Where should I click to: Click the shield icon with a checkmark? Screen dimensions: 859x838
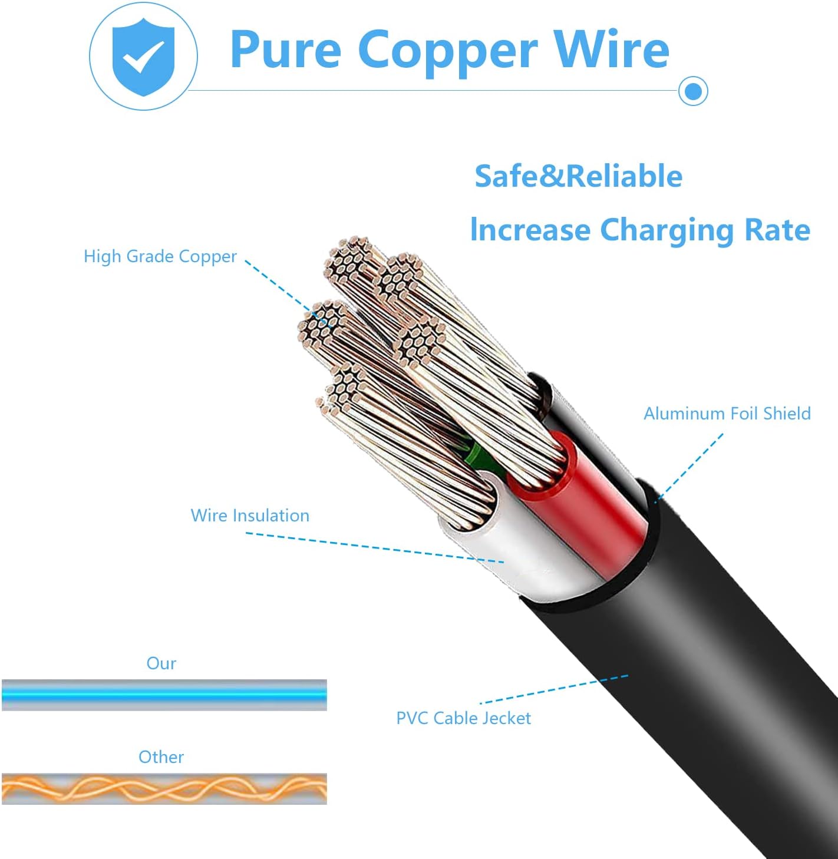[x=143, y=56]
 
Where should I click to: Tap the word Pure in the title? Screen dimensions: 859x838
[x=285, y=50]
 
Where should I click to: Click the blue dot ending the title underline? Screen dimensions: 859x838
[x=693, y=91]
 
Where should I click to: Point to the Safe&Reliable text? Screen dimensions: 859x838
[x=578, y=176]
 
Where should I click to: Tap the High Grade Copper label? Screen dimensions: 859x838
[x=160, y=256]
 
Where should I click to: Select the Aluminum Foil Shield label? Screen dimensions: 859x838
[x=727, y=414]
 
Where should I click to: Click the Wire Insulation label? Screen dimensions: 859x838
[x=250, y=516]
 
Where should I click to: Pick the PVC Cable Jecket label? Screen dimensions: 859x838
[x=463, y=718]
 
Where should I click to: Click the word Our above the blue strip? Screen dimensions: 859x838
[x=161, y=663]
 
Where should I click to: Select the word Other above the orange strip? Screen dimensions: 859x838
[x=161, y=757]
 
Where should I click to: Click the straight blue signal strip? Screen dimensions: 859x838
[x=164, y=695]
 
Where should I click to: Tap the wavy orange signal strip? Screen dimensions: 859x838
[x=164, y=788]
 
